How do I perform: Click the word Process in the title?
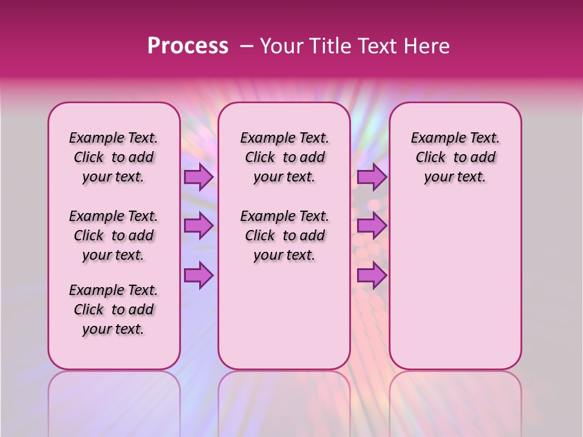[x=188, y=46]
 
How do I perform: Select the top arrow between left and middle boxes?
[x=198, y=177]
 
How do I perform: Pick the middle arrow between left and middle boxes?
[x=198, y=226]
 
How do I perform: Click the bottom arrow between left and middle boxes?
[x=198, y=276]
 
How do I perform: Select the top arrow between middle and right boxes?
[x=372, y=177]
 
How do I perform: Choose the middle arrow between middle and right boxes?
[x=372, y=226]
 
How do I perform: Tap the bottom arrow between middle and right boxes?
[x=372, y=276]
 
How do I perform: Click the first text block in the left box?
[x=114, y=157]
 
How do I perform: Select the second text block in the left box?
[x=114, y=235]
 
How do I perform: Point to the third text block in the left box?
[x=114, y=310]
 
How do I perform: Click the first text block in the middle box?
[x=284, y=157]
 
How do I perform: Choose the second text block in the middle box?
[x=284, y=235]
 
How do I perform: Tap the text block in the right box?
[x=455, y=157]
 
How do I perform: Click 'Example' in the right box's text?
[x=435, y=138]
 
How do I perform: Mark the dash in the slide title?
[x=247, y=46]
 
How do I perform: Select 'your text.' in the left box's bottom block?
[x=113, y=329]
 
